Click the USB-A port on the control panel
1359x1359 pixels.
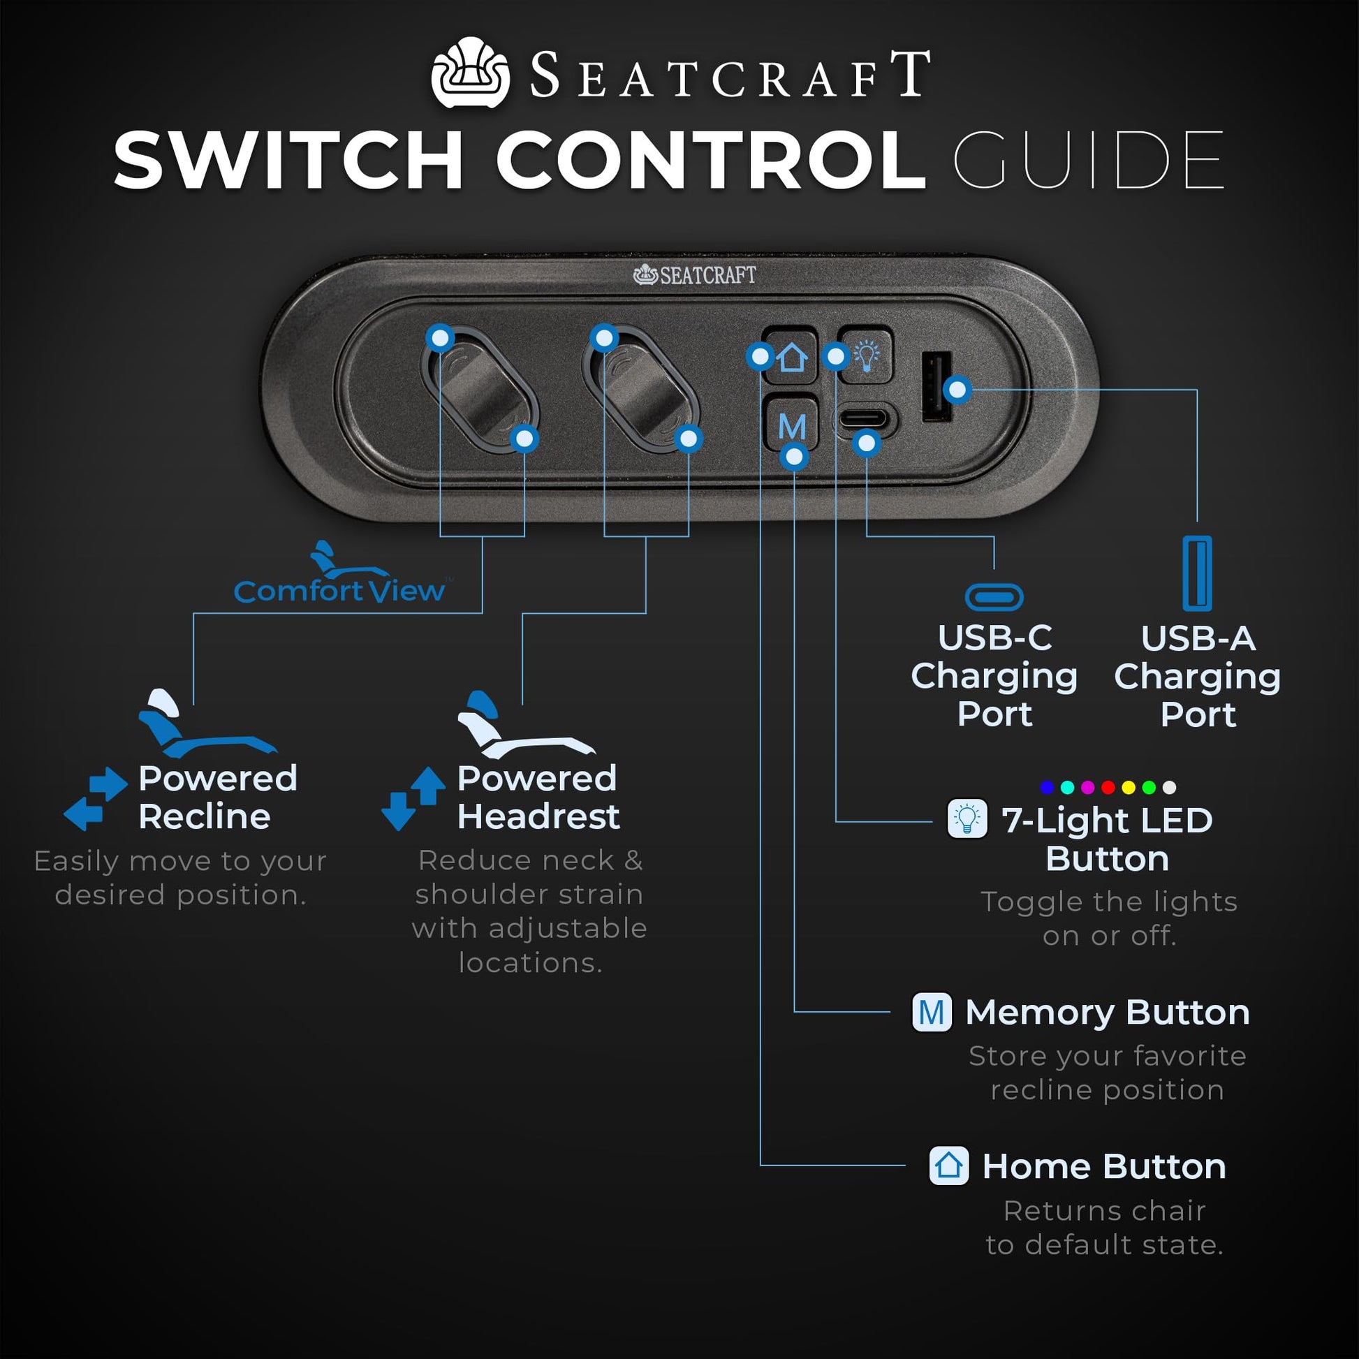[936, 388]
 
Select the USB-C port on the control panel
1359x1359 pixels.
[865, 419]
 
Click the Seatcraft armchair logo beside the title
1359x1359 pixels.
[470, 73]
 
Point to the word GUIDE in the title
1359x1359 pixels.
[1088, 161]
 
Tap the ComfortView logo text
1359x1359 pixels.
[339, 591]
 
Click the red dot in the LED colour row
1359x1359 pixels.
[1108, 787]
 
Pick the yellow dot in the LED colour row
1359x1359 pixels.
[1129, 787]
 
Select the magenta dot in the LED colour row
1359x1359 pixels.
[1087, 787]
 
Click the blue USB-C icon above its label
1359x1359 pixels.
[993, 597]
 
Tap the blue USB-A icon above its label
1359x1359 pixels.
[1197, 573]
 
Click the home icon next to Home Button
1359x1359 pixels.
[948, 1166]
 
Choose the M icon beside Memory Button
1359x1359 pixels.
[932, 1012]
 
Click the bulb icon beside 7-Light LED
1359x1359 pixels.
[967, 818]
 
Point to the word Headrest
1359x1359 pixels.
[538, 816]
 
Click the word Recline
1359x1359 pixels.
[205, 816]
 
